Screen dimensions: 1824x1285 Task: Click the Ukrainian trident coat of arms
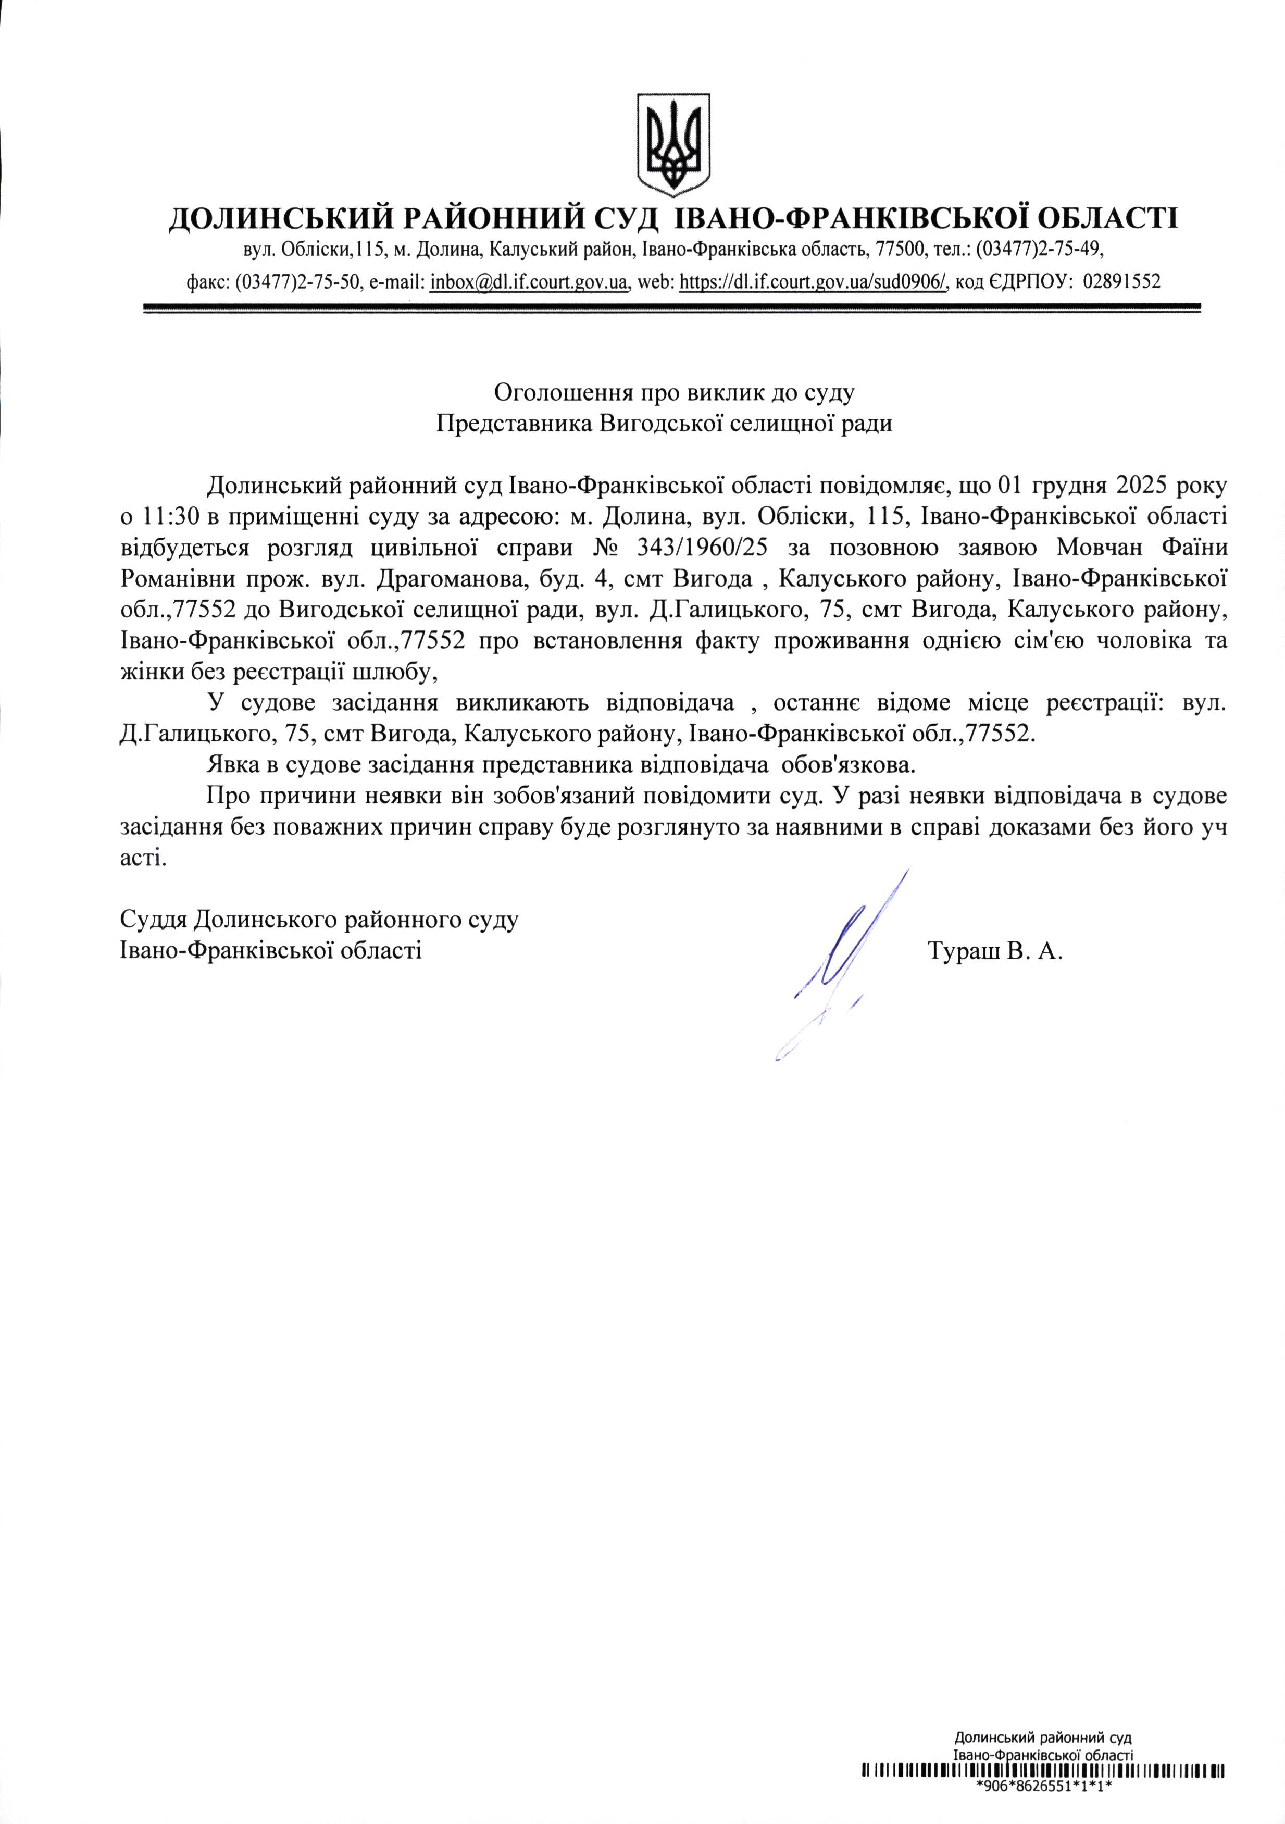[x=673, y=145]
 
